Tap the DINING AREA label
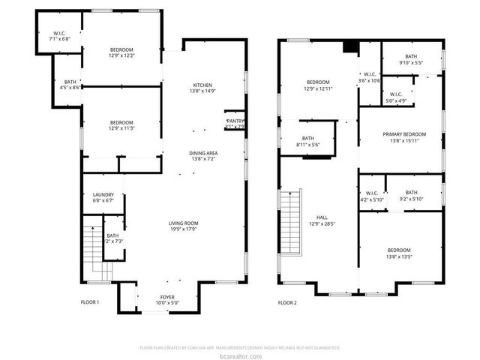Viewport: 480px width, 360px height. [204, 153]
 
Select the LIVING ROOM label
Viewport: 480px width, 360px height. [182, 223]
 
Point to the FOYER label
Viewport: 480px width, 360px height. [167, 297]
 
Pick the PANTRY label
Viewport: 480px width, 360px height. [235, 121]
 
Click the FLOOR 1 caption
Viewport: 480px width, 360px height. [89, 302]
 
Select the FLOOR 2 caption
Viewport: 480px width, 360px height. [287, 302]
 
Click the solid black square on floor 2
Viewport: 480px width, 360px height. [349, 47]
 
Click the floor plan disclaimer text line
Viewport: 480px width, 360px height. [240, 347]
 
